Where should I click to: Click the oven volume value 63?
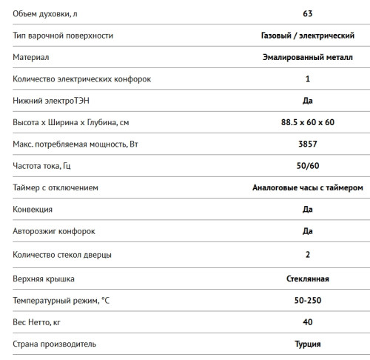point(307,13)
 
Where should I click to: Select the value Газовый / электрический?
point(307,35)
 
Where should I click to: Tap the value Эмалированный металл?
point(307,57)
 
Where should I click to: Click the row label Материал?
point(30,57)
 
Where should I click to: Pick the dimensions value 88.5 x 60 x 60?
point(307,122)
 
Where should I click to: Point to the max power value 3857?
point(307,144)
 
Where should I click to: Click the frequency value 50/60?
point(307,166)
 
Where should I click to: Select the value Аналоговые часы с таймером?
point(307,187)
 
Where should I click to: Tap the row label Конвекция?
point(33,210)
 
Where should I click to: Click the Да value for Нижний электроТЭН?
point(307,100)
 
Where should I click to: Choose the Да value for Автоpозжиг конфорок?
point(307,231)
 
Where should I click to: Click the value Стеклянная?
point(307,279)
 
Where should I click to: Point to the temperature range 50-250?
point(307,301)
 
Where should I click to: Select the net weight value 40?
point(307,322)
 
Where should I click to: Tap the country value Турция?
point(307,344)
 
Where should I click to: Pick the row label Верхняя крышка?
point(44,279)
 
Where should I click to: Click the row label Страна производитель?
point(55,344)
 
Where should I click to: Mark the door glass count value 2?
point(307,256)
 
